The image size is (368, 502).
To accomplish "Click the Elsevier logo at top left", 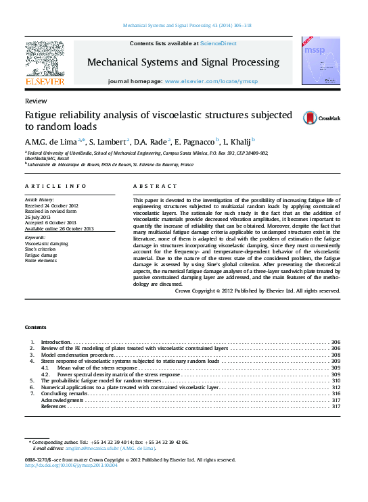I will point(45,63).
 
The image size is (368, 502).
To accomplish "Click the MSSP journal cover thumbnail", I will point(321,61).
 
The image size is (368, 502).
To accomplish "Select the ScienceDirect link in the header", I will point(218,43).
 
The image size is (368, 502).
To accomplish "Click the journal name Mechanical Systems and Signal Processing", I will point(183,62).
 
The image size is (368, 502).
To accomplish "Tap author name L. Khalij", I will point(239,142).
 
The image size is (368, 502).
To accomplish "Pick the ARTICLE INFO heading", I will point(55,185).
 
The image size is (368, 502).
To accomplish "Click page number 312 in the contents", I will point(336,387).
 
